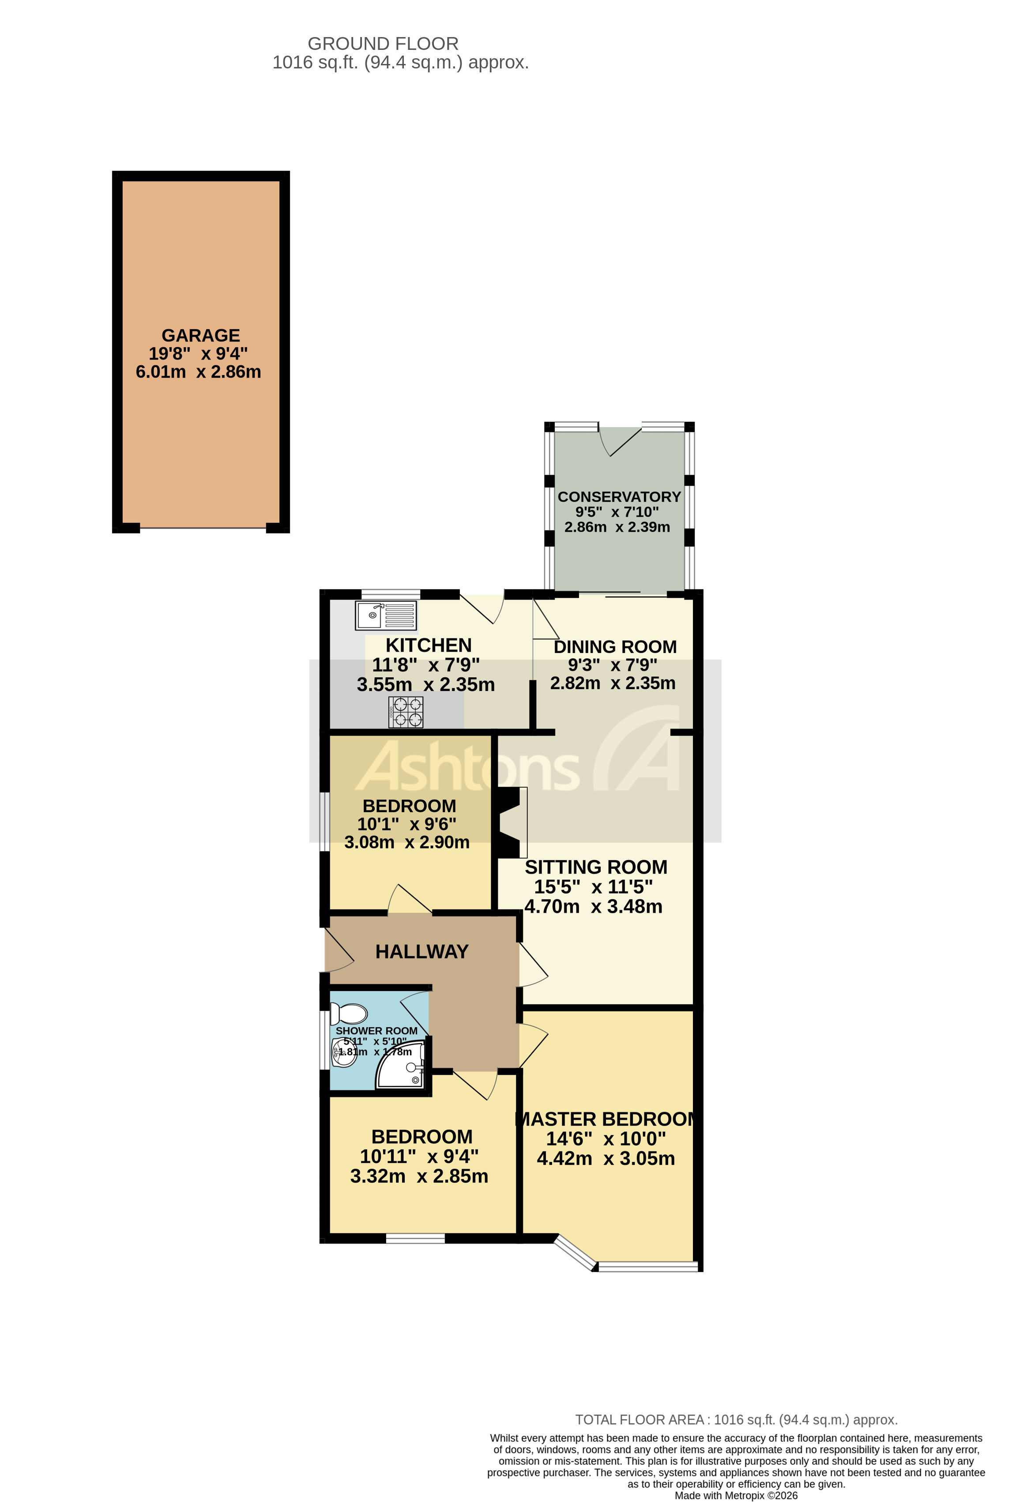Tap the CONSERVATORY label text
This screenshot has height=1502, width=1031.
(619, 496)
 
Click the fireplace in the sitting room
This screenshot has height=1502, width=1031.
(511, 822)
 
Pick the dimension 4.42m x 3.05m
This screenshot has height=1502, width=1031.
(606, 1158)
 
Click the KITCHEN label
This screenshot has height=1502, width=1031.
(429, 645)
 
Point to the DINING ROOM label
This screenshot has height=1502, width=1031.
(615, 646)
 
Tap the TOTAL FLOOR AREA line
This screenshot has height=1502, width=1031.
(736, 1420)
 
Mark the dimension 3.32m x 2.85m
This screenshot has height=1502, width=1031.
(419, 1176)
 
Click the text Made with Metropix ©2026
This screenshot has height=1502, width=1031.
(736, 1495)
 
